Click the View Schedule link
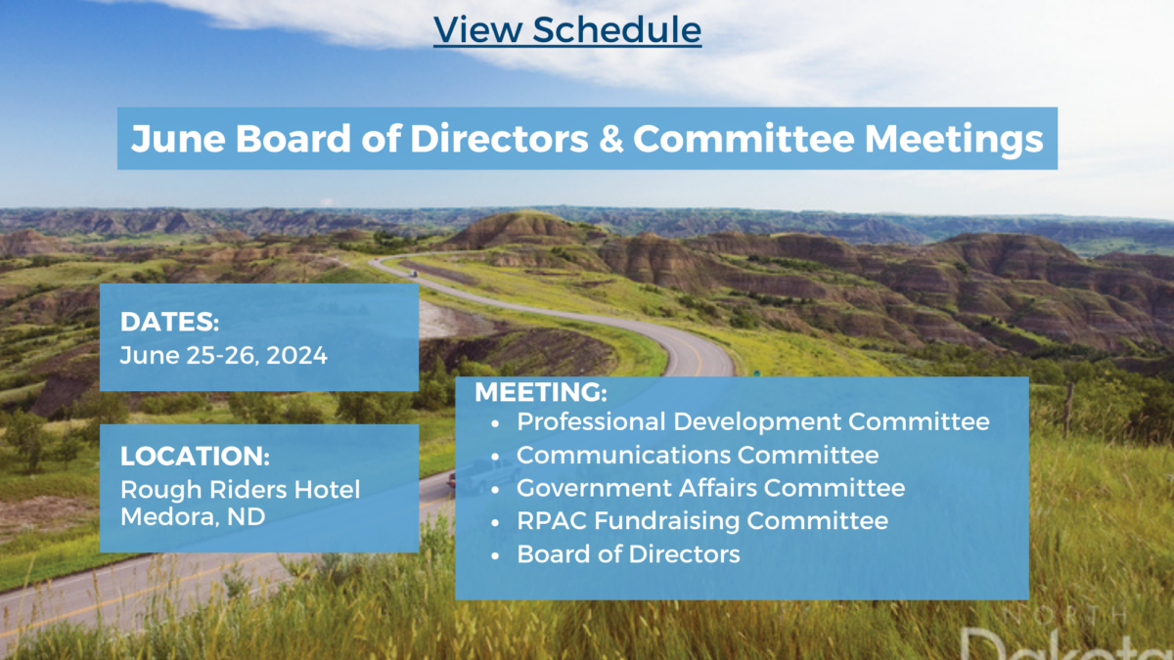point(567,30)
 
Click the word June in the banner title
point(178,139)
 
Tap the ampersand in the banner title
point(610,139)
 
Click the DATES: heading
point(170,322)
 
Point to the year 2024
point(296,356)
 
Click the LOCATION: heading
point(195,457)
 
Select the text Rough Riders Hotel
point(240,490)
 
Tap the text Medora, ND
point(193,517)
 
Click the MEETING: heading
point(541,392)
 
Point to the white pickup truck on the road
point(481,475)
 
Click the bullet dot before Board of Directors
point(496,555)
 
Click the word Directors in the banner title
point(499,139)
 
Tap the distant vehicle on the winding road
point(413,273)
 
